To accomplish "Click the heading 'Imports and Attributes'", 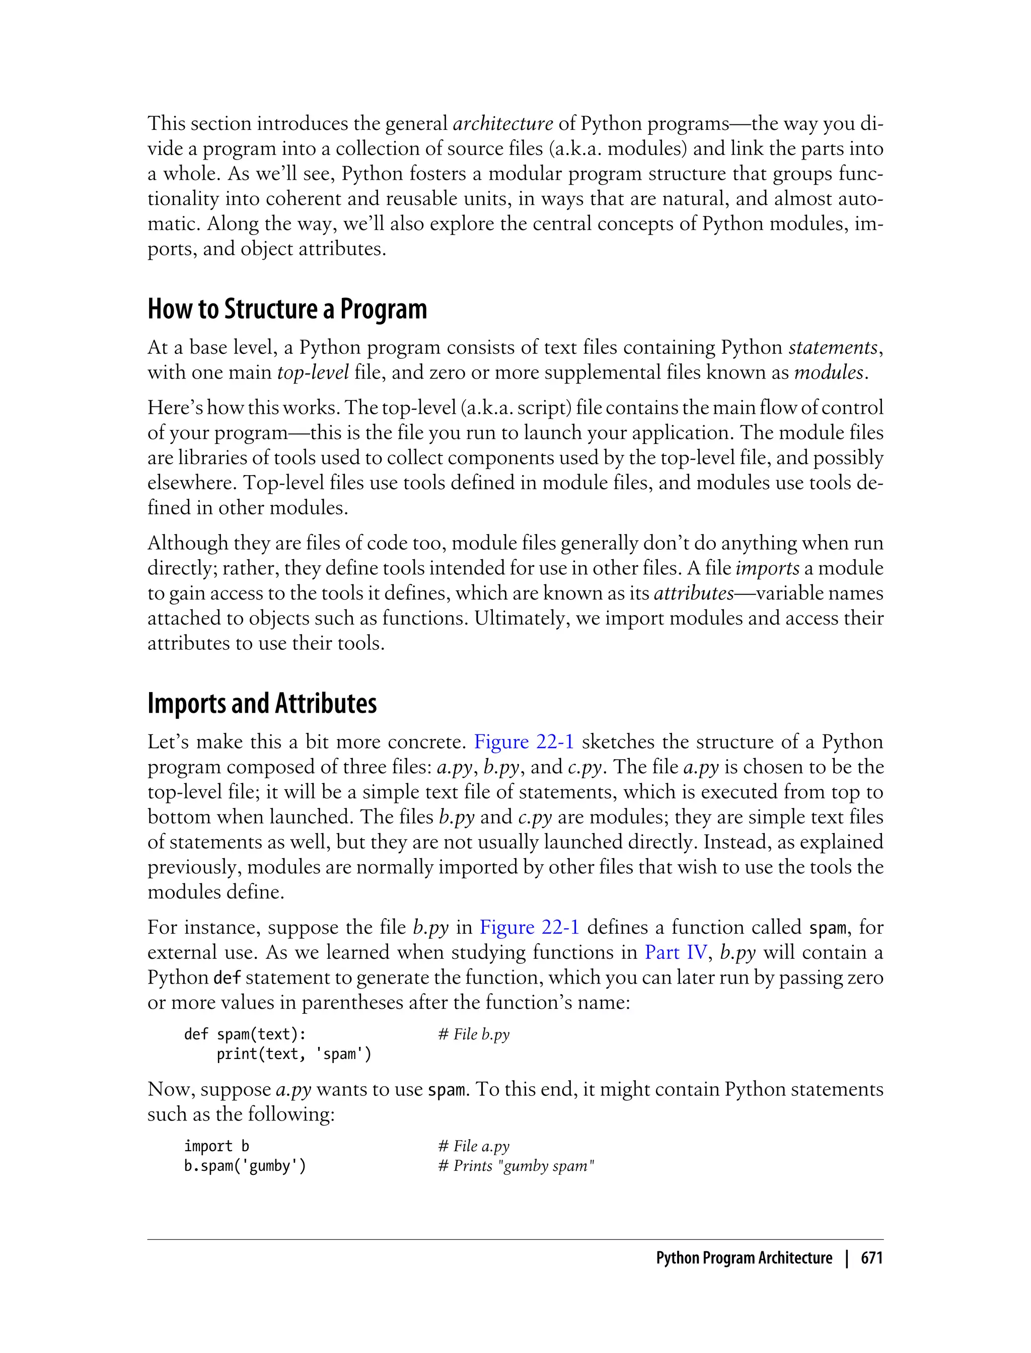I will [262, 703].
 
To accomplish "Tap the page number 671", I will [871, 1258].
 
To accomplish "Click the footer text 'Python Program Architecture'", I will [744, 1258].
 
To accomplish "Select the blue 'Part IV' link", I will [676, 952].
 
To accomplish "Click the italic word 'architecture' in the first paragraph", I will [502, 124].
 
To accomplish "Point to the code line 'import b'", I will [216, 1146].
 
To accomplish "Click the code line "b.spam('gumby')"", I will [245, 1166].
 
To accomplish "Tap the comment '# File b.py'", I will [474, 1034].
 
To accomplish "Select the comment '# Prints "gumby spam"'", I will [516, 1166].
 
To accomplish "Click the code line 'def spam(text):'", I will [245, 1034].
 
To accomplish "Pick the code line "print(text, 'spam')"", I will [294, 1054].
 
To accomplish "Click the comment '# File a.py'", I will [474, 1146].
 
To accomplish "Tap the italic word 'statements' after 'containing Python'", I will [833, 348].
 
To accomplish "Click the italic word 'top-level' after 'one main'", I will [313, 373].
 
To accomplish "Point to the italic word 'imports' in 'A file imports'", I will [767, 568].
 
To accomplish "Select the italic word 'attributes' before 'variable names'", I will [694, 593].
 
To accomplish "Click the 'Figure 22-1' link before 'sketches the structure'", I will [524, 742].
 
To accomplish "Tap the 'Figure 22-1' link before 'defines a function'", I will [529, 927].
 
